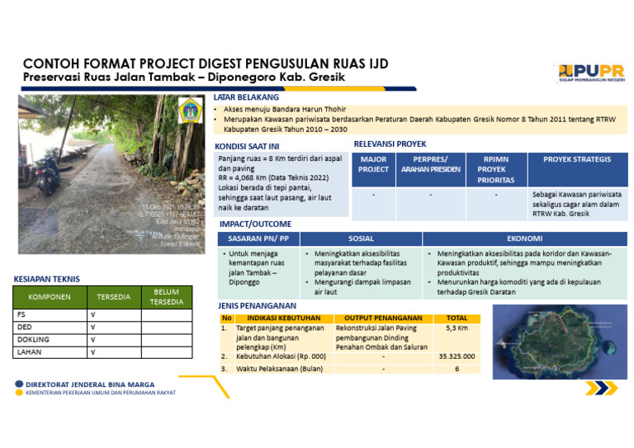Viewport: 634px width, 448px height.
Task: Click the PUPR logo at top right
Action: tap(590, 73)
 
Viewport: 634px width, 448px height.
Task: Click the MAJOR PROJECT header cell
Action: tap(373, 164)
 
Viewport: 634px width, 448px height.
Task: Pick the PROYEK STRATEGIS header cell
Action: tap(577, 159)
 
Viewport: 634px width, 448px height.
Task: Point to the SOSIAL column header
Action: tap(361, 238)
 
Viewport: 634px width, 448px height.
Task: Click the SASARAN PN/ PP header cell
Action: tap(258, 238)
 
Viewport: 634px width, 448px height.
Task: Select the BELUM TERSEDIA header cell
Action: tap(166, 297)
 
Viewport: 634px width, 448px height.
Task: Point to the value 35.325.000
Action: tap(456, 356)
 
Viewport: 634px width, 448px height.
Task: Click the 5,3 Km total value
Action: tap(457, 328)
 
